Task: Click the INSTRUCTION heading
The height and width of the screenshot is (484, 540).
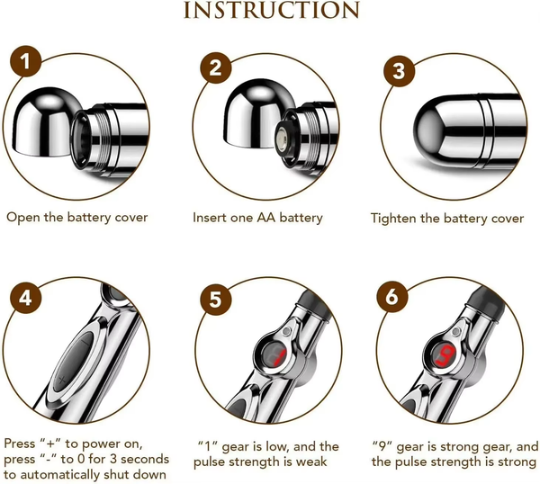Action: coord(269,12)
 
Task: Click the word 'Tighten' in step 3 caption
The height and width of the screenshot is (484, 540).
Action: coord(394,219)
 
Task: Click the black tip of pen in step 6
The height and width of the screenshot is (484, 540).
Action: coord(486,296)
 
